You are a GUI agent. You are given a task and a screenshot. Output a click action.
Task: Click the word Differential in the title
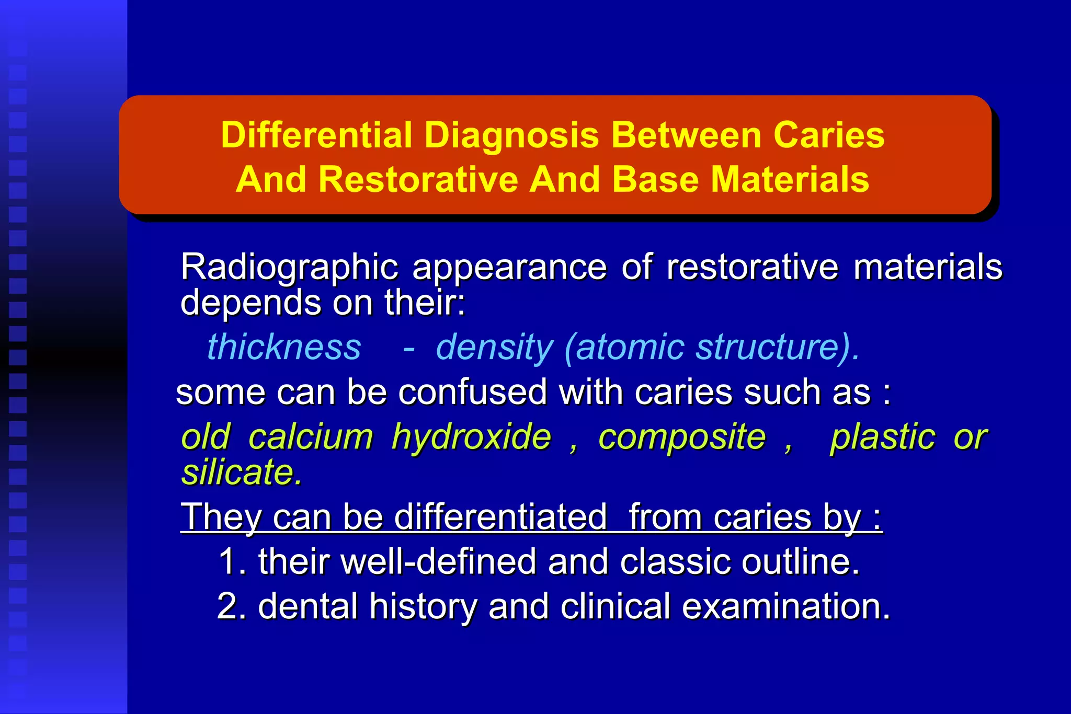[316, 135]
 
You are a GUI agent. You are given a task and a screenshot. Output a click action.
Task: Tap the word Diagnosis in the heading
[511, 135]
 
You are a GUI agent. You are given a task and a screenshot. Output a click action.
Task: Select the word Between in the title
[686, 135]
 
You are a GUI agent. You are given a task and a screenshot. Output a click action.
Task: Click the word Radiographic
[289, 268]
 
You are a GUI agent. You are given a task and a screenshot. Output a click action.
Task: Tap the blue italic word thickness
[284, 347]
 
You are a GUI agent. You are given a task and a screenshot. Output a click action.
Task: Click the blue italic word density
[494, 347]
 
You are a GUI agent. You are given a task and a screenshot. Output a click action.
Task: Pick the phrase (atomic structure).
[712, 347]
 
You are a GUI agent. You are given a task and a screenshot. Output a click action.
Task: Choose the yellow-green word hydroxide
[471, 437]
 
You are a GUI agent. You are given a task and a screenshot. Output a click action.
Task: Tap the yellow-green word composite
[681, 437]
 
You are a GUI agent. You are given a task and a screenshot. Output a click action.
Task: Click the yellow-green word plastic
[883, 437]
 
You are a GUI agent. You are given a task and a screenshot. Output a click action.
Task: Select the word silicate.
[241, 472]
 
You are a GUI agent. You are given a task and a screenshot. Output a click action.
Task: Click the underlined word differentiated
[500, 517]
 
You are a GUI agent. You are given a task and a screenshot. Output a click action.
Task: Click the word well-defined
[438, 562]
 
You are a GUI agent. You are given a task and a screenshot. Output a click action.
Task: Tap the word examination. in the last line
[785, 606]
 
